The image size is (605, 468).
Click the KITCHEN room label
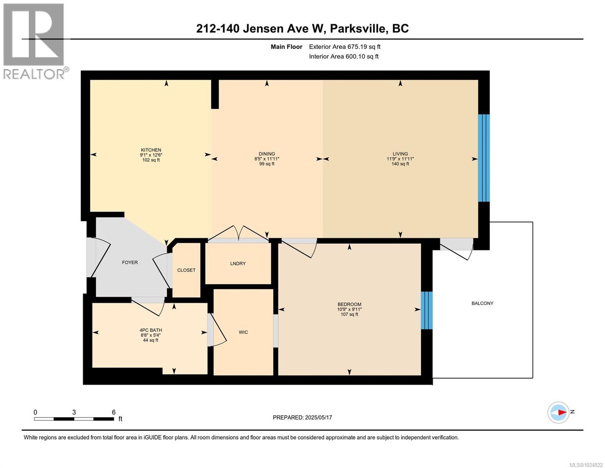click(151, 150)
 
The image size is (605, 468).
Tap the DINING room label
click(266, 154)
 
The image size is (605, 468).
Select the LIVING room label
click(400, 154)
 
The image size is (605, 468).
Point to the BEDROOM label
click(349, 304)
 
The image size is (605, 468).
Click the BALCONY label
click(482, 303)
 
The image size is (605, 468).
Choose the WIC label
click(243, 332)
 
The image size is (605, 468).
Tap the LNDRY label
click(238, 263)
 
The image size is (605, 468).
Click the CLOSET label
click(186, 270)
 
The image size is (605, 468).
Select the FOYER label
click(130, 262)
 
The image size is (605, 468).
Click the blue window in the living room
click(483, 158)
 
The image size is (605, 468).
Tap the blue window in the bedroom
click(427, 310)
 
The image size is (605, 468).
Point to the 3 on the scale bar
click(74, 412)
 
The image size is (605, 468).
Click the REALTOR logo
click(34, 41)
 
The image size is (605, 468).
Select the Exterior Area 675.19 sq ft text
click(344, 47)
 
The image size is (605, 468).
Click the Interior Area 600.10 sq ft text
click(344, 57)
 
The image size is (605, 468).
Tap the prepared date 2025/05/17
click(318, 417)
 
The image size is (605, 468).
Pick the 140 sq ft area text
click(400, 164)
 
